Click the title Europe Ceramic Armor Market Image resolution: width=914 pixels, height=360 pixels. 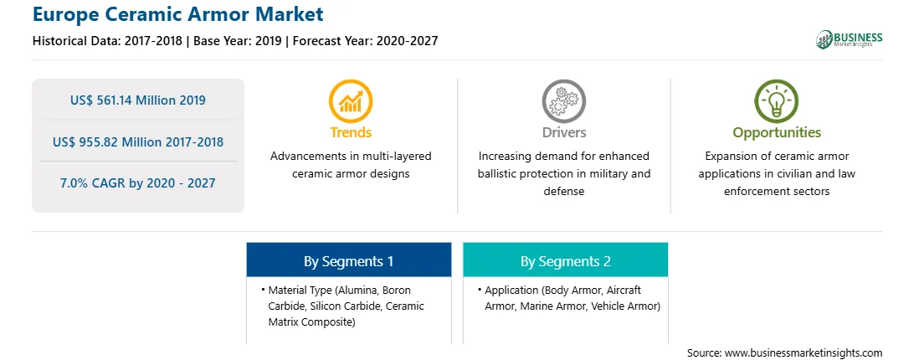coord(177,14)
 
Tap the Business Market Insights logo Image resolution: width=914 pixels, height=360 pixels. coord(850,39)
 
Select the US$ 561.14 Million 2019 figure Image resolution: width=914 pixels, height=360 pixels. coord(137,100)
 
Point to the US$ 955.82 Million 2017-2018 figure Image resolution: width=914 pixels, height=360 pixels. coord(137,141)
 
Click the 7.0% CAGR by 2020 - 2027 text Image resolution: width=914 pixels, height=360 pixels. coord(137,183)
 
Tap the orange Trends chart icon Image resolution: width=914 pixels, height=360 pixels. coord(351,101)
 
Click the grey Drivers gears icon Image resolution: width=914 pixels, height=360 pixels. coord(563,101)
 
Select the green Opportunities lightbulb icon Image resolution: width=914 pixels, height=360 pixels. coord(777,101)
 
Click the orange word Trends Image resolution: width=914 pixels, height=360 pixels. coord(351,132)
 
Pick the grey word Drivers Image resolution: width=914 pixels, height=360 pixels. coord(563,132)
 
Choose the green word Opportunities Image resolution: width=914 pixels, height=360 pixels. coord(777,133)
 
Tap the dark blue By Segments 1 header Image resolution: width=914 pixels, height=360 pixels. coord(348,260)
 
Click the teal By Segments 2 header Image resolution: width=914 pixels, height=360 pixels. coord(566,260)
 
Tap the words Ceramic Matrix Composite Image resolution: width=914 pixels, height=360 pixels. coord(347,314)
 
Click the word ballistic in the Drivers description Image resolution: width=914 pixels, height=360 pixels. coord(497,174)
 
